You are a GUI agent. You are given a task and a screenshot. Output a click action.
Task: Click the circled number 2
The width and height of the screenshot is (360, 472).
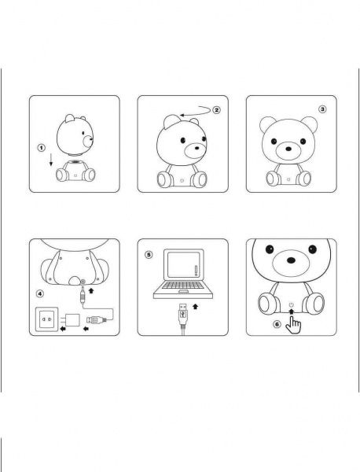[218, 110]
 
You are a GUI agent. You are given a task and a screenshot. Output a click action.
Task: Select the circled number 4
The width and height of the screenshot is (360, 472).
[40, 296]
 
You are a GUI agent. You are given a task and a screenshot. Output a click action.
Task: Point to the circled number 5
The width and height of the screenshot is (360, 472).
[150, 255]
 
